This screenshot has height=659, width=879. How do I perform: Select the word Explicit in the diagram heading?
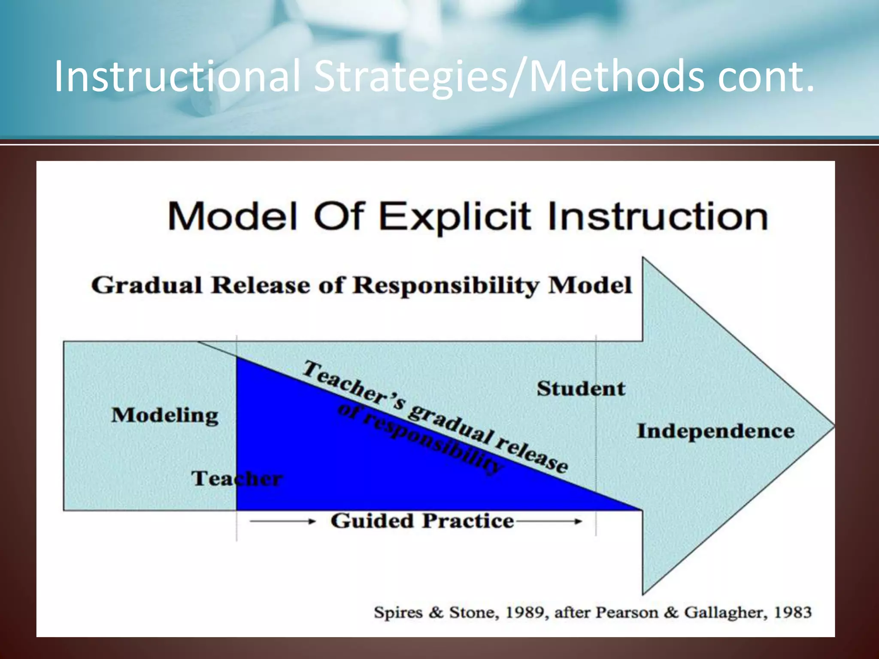pos(455,217)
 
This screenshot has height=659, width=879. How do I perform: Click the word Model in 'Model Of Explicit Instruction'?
pos(232,217)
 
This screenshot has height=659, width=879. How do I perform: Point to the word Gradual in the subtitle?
pos(146,286)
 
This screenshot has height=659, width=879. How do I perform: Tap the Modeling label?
pos(165,415)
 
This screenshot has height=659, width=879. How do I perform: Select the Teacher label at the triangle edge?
pos(236,478)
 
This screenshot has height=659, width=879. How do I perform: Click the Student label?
pos(581,389)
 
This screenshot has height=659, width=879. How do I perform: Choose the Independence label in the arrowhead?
pos(715,431)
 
